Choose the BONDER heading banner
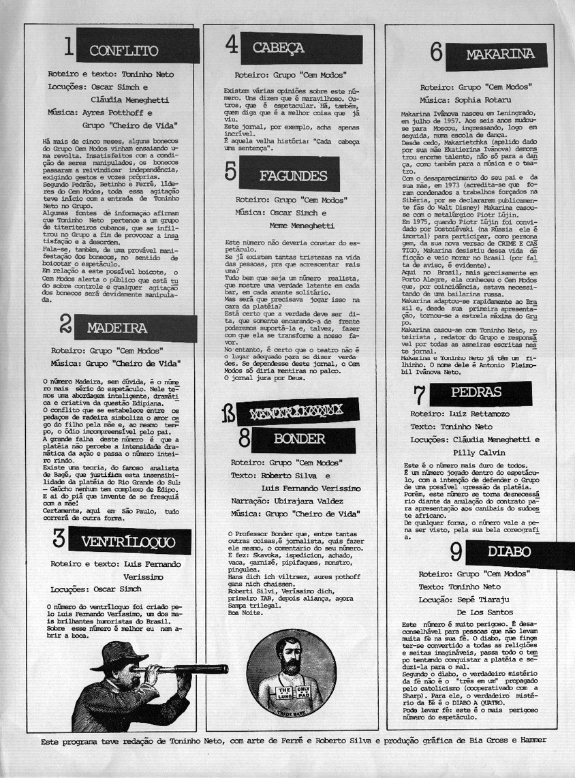(x=300, y=438)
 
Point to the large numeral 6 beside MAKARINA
(x=437, y=54)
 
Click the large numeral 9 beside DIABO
(x=456, y=552)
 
